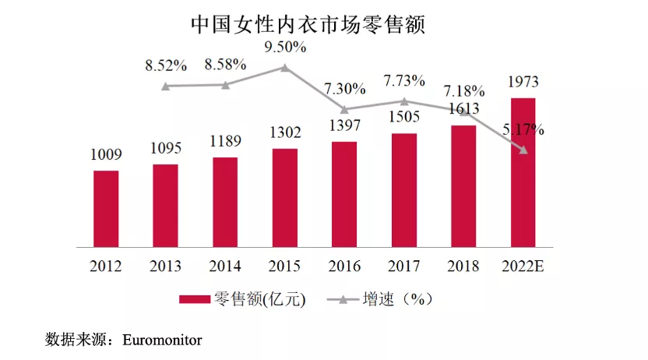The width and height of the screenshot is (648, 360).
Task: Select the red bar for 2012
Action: [106, 207]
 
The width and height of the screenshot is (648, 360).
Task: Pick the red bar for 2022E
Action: [523, 171]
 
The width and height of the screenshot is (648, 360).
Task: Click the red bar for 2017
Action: [404, 189]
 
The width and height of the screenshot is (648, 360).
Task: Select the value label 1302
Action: [285, 133]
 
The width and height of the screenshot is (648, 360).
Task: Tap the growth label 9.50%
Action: [285, 47]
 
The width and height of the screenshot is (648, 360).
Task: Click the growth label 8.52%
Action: [166, 65]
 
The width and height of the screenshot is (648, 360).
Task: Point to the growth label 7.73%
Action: [404, 80]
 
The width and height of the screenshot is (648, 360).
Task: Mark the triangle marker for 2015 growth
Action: [285, 68]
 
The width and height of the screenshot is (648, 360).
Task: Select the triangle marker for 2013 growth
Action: [166, 86]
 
